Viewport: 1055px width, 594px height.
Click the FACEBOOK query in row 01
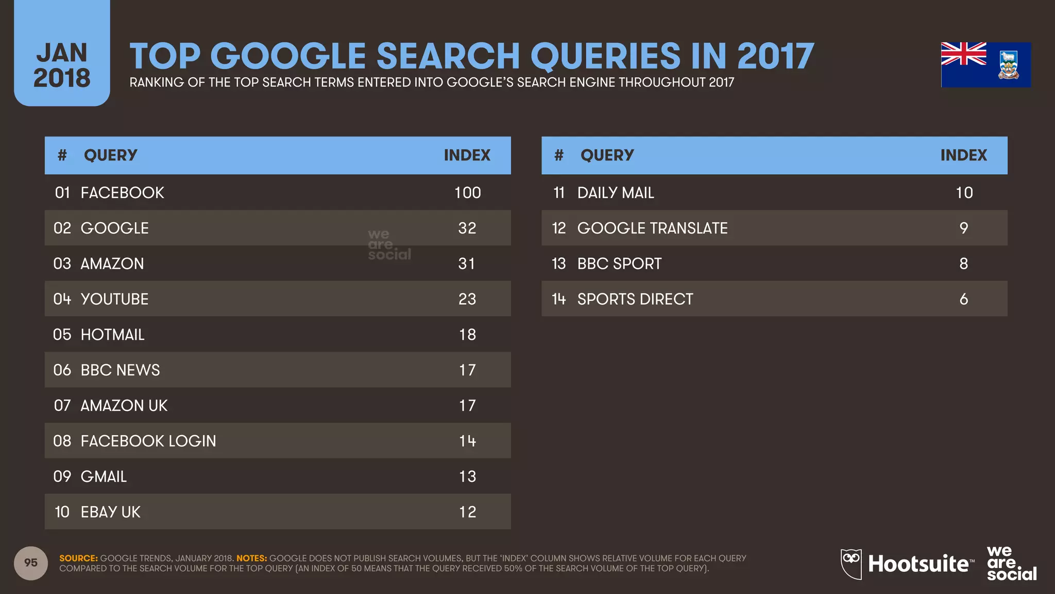click(x=122, y=193)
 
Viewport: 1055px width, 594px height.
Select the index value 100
click(x=467, y=193)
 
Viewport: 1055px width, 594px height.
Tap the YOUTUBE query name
click(x=114, y=299)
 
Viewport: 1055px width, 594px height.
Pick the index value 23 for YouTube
click(x=467, y=299)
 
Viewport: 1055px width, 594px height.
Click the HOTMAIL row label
click(x=112, y=335)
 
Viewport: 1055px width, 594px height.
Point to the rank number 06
click(x=62, y=370)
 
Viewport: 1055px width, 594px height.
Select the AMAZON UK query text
click(x=124, y=406)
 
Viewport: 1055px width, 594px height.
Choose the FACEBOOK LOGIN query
click(x=148, y=441)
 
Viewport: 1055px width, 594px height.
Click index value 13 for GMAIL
click(x=467, y=476)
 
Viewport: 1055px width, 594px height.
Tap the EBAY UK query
click(x=110, y=512)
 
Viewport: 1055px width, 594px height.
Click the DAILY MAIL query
click(x=616, y=193)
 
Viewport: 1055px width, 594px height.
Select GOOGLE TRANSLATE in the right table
click(x=652, y=228)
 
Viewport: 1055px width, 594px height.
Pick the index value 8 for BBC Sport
click(x=963, y=264)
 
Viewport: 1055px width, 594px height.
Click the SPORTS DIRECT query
click(x=635, y=299)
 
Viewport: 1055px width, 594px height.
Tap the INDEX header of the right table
click(x=963, y=155)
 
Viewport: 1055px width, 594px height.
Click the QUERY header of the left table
click(x=110, y=155)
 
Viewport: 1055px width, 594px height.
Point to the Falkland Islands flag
click(x=985, y=65)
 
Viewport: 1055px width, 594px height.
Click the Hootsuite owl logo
click(x=851, y=563)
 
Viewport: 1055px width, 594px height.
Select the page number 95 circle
click(x=31, y=563)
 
